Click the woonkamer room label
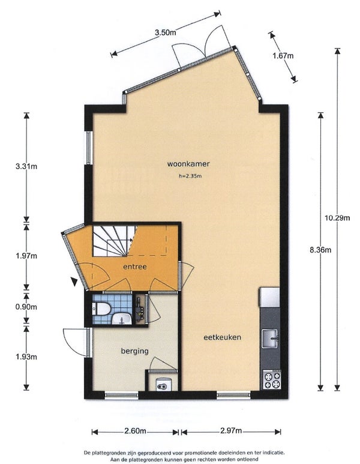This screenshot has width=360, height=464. point(188,164)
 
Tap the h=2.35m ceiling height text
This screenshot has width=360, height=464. point(190,176)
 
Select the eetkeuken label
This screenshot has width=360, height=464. point(222,337)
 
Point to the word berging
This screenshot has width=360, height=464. point(134,351)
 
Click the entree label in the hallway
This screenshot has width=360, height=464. point(135,267)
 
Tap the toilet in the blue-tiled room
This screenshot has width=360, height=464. point(101,308)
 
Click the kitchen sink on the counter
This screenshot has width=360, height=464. point(270,339)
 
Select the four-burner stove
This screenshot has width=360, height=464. point(272,380)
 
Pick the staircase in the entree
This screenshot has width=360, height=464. point(114,241)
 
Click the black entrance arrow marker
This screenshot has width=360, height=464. point(74,282)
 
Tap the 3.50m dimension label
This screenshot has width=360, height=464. point(166,32)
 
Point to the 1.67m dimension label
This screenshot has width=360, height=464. point(283,55)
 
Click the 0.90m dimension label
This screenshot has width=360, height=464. point(26,307)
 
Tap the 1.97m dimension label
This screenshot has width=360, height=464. point(26,256)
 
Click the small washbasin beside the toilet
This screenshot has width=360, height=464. point(122,319)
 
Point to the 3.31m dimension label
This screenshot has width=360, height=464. point(26,166)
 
